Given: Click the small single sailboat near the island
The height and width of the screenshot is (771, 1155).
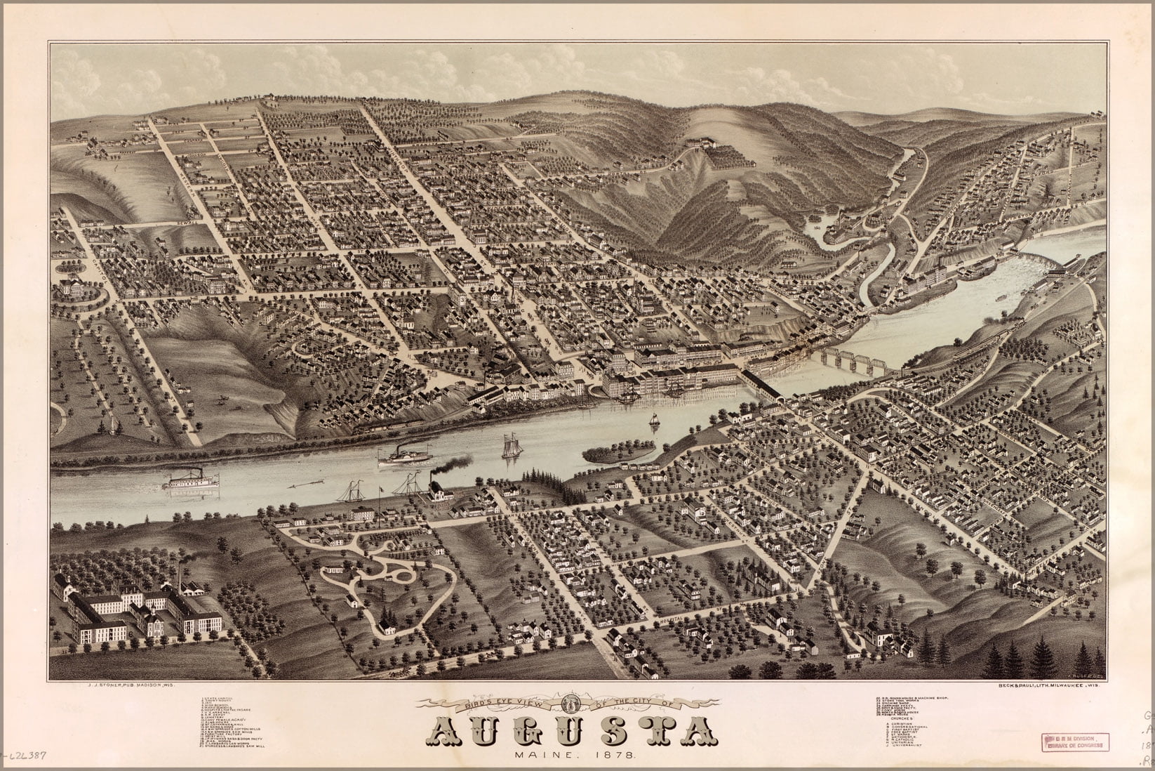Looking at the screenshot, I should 653,420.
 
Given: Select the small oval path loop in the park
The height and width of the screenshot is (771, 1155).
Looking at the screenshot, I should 406,574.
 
